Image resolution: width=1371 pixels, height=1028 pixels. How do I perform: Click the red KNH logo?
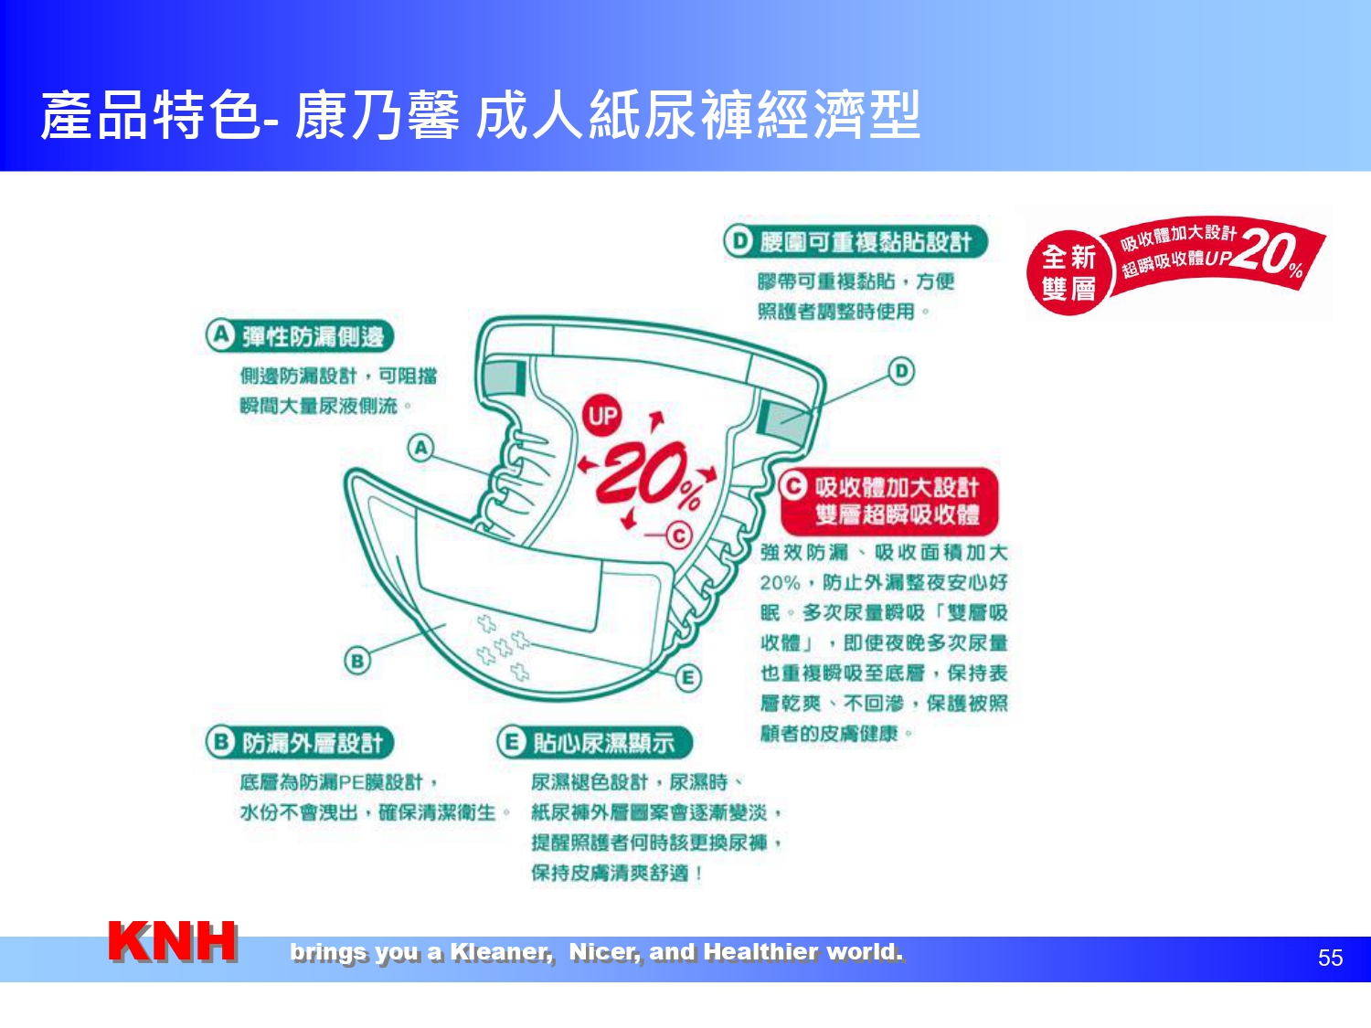coord(173,940)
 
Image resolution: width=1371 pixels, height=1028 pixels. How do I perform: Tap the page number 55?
coord(1330,958)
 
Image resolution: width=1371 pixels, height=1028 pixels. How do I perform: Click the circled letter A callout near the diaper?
coord(421,448)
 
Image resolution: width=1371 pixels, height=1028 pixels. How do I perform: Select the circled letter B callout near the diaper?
coord(357,661)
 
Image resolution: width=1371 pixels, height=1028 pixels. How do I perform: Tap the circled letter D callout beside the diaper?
coord(901,371)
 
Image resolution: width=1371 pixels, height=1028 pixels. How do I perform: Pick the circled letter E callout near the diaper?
coord(687,678)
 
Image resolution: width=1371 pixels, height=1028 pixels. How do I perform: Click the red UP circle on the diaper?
coord(602,415)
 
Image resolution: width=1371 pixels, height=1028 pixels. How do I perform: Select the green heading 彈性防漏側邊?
coord(300,336)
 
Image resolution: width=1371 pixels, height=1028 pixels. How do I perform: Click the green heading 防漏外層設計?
coord(300,743)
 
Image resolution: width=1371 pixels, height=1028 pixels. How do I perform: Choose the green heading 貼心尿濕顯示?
coord(595,743)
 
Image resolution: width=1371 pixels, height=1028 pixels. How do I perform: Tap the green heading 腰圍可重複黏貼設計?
coord(856,241)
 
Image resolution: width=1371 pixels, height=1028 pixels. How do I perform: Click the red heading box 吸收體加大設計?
coord(888,501)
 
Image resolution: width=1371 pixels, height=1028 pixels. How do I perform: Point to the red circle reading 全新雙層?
coord(1068,272)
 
